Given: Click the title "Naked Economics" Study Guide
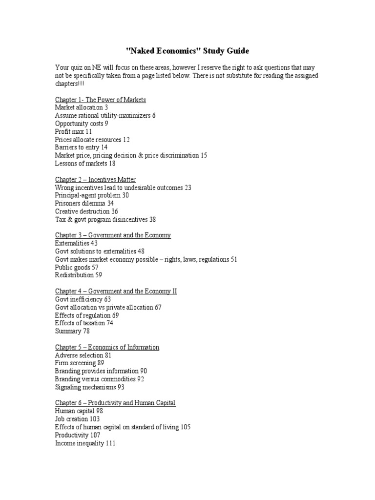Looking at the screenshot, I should pos(187,51).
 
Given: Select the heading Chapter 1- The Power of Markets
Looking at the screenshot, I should pos(101,100).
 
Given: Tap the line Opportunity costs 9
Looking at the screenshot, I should pos(82,124).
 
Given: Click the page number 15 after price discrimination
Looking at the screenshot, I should pos(204,155).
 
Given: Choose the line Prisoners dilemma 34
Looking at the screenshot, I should pos(84,203).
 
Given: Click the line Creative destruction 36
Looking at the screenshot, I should pos(86,211).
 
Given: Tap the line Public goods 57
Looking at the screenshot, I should pos(77,267).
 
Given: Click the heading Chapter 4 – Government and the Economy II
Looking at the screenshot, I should pos(116,291).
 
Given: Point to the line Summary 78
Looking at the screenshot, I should pos(73,331).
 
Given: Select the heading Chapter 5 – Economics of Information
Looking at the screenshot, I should pos(107,347).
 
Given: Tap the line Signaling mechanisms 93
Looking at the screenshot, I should pos(90,387).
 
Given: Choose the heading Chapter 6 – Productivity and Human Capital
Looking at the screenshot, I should pos(115,403).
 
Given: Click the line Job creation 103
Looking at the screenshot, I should pos(78,419).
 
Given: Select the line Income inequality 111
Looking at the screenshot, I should pos(85,443).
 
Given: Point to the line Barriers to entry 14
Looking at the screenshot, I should pos(82,147).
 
